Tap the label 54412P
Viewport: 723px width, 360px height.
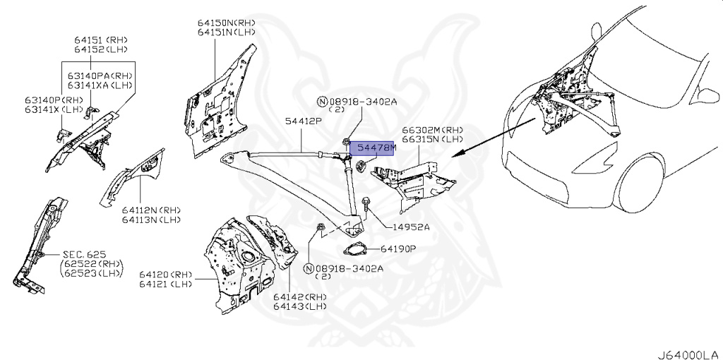[x=304, y=122]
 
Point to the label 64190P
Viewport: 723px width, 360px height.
[x=399, y=249]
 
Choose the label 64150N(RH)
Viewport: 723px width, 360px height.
[x=227, y=23]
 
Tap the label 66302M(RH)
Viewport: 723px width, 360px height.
[x=433, y=130]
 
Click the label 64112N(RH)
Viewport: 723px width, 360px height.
[x=150, y=210]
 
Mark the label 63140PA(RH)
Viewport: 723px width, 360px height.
[x=101, y=75]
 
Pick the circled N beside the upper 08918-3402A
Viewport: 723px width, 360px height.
[x=323, y=102]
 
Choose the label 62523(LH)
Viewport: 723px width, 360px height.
[x=92, y=274]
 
